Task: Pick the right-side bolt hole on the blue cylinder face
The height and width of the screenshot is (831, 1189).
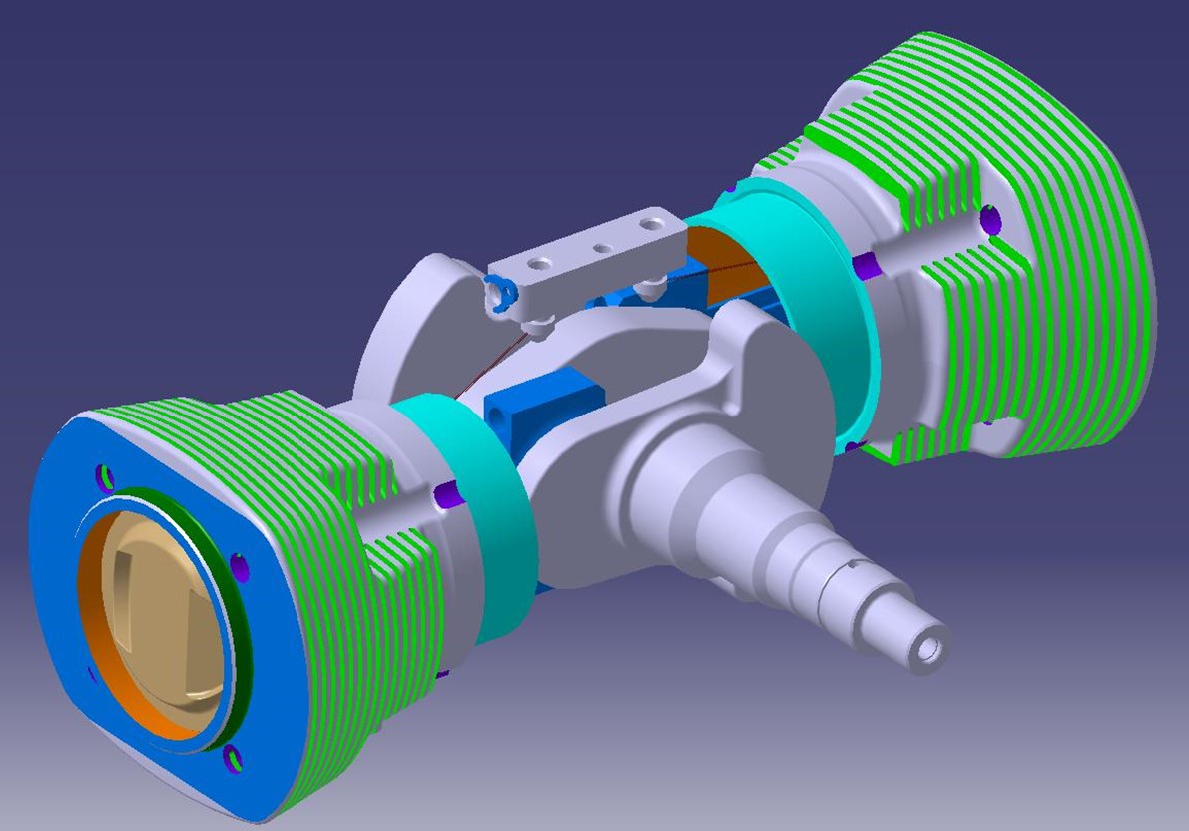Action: point(241,568)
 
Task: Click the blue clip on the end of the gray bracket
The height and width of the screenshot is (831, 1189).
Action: point(499,291)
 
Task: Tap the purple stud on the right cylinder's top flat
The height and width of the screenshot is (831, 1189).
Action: point(990,217)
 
